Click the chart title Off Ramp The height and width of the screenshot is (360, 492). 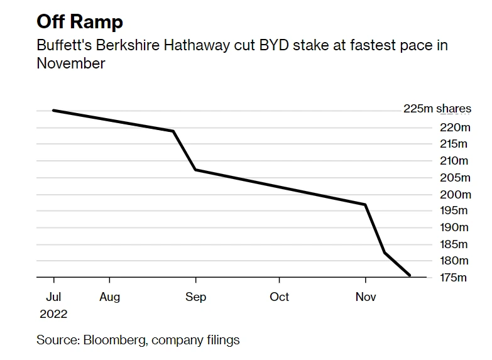(80, 22)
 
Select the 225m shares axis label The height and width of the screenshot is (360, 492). (437, 109)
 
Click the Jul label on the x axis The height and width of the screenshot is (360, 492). (53, 297)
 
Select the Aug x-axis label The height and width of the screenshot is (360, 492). (109, 297)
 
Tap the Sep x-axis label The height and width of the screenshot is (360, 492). (195, 297)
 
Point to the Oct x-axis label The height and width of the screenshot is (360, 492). (279, 297)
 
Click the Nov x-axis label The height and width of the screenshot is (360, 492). (365, 297)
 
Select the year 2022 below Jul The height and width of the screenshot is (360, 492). (53, 314)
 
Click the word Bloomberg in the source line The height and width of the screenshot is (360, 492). (109, 340)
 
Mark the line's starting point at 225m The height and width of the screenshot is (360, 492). (53, 111)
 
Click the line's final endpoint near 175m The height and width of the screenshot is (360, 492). (410, 275)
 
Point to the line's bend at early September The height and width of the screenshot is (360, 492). (195, 170)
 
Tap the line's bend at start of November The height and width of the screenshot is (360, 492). (365, 204)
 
